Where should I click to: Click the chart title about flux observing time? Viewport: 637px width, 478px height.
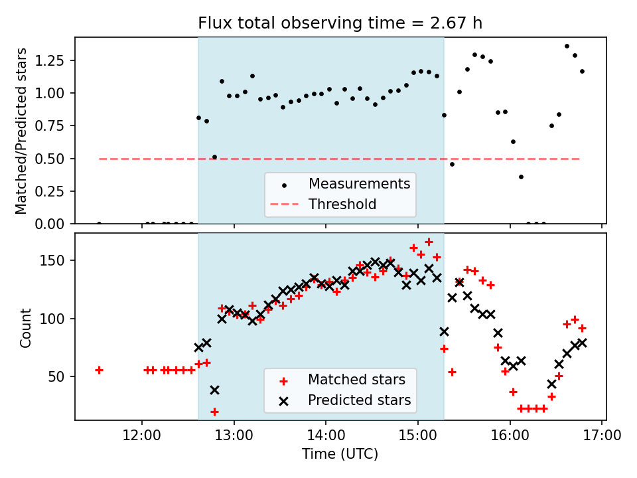pyautogui.click(x=340, y=23)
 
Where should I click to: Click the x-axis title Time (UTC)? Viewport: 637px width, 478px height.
pyautogui.click(x=340, y=455)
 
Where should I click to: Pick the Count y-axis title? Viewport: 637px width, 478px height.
pyautogui.click(x=26, y=327)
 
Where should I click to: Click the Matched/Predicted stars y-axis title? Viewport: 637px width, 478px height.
pyautogui.click(x=22, y=131)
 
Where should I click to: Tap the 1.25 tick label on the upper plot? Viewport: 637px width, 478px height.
pyautogui.click(x=54, y=60)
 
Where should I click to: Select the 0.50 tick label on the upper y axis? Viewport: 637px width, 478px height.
pyautogui.click(x=54, y=159)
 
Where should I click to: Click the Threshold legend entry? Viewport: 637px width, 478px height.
pyautogui.click(x=342, y=204)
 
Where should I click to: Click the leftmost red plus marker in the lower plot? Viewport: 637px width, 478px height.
pyautogui.click(x=99, y=370)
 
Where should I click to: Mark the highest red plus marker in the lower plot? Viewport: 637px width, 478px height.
pyautogui.click(x=429, y=242)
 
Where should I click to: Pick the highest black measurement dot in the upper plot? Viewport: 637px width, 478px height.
pyautogui.click(x=567, y=46)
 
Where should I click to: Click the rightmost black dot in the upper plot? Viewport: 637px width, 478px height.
pyautogui.click(x=582, y=71)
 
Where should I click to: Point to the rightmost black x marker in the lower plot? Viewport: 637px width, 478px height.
pyautogui.click(x=582, y=343)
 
